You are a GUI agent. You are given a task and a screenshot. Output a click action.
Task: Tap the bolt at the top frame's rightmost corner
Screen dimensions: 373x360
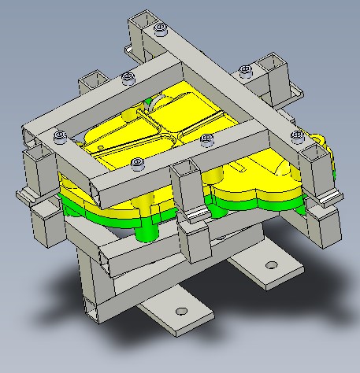(297, 135)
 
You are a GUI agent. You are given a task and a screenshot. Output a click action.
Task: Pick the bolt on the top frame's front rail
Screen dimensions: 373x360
(139, 164)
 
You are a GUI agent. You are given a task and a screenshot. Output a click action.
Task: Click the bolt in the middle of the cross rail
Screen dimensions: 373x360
(207, 139)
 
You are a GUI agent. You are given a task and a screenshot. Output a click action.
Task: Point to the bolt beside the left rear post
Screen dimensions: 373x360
(128, 76)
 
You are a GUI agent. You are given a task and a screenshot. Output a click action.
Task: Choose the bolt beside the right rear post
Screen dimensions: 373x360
(245, 71)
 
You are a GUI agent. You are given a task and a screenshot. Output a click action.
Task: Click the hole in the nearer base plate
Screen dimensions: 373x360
(181, 311)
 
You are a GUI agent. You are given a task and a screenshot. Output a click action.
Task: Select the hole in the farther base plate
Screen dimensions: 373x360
(272, 265)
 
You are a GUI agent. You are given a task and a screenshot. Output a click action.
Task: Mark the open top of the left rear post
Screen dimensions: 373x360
(91, 77)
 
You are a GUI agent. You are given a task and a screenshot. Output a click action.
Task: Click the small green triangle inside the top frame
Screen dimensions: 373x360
(150, 100)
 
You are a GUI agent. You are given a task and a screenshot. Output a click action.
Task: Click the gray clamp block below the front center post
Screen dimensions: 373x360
(195, 239)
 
